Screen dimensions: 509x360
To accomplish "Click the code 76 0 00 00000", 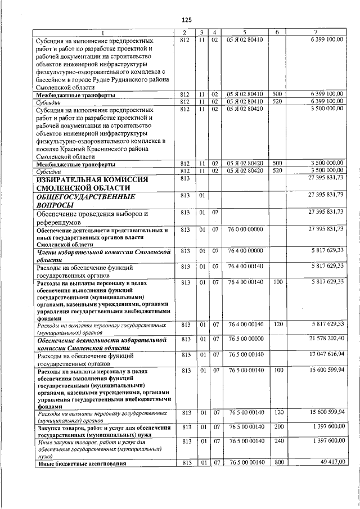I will click(x=245, y=229).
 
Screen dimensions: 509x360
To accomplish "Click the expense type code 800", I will click(x=277, y=462).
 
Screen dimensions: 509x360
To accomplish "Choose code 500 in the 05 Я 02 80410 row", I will click(x=277, y=94).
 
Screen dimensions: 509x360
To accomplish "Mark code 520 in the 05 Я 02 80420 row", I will click(x=277, y=170).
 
